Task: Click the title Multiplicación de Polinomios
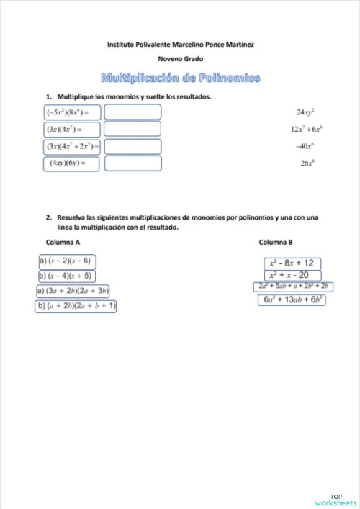click(x=180, y=77)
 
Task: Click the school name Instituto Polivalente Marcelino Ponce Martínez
click(x=180, y=45)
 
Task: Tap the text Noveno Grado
click(x=180, y=59)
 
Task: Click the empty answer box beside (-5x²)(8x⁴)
click(x=132, y=112)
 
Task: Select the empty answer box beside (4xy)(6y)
click(x=132, y=163)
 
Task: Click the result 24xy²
click(x=306, y=112)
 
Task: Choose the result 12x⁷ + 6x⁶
click(x=306, y=129)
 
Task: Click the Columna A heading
click(x=63, y=242)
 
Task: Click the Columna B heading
click(x=275, y=242)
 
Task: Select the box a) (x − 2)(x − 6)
click(x=66, y=261)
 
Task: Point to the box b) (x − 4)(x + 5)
click(x=66, y=276)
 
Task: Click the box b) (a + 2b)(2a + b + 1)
click(x=76, y=306)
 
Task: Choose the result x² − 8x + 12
click(x=292, y=263)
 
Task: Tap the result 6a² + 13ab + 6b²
click(x=292, y=299)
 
